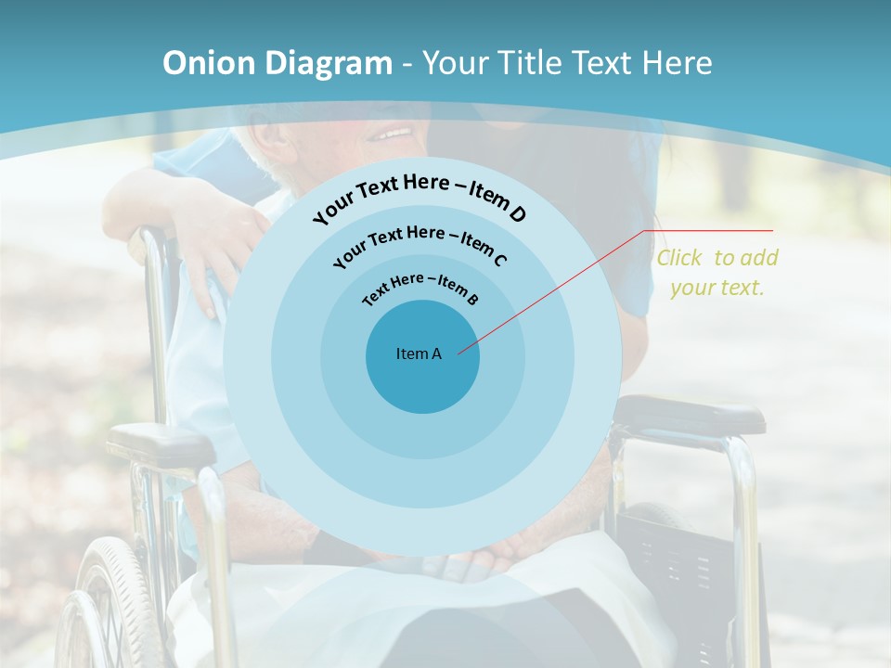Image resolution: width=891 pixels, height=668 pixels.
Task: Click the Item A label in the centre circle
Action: click(419, 353)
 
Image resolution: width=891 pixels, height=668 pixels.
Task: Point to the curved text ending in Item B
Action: click(420, 287)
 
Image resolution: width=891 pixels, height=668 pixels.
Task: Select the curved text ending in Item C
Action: click(420, 243)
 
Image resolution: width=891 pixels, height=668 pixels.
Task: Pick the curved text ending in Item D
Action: click(420, 197)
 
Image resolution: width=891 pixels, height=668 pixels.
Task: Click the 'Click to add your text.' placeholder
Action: click(717, 273)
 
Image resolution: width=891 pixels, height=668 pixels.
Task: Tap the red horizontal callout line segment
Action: click(709, 230)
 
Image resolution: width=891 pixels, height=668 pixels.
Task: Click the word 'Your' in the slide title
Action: click(460, 63)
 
